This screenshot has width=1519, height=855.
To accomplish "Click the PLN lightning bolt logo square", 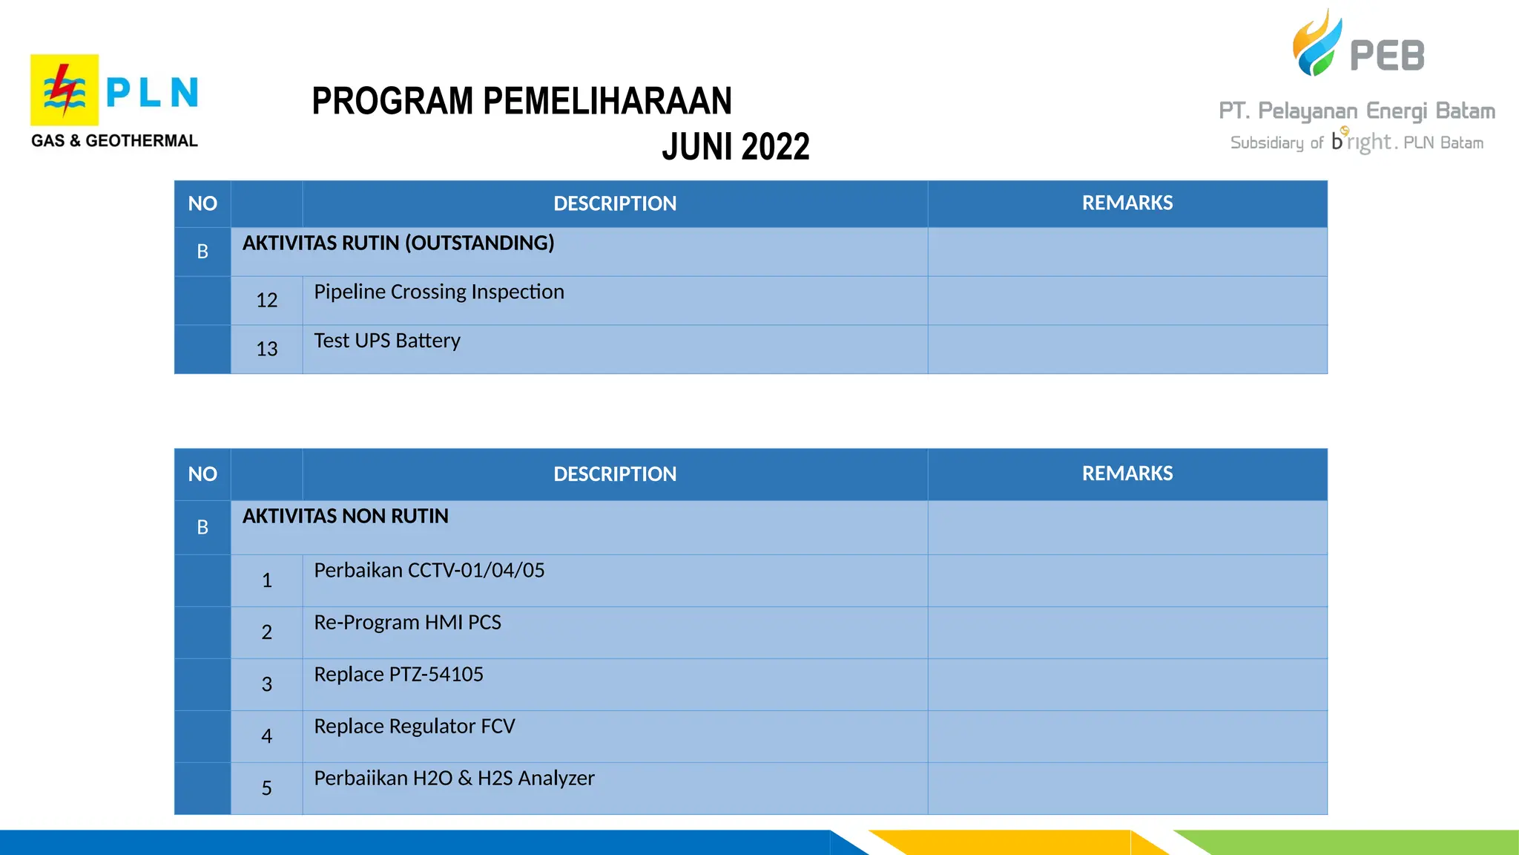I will (x=65, y=90).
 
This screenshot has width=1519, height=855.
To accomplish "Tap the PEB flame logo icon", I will (x=1317, y=45).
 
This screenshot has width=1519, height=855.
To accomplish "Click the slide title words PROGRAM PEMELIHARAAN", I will (x=521, y=102).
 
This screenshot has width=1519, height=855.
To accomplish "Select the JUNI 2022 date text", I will (x=735, y=147).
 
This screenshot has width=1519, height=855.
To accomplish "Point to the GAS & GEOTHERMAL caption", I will (x=114, y=141).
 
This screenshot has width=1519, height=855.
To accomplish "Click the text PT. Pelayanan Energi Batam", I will (x=1357, y=111).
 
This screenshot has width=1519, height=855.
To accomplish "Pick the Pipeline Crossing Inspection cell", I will (x=438, y=292).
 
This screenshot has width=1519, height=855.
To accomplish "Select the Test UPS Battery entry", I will (x=386, y=341).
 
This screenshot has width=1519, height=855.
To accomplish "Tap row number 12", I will (x=266, y=301).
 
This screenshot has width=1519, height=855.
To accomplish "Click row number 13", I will (x=266, y=349).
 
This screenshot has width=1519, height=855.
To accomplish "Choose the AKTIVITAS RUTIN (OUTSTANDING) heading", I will (x=398, y=243).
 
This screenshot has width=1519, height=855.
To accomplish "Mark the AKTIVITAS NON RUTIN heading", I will (x=345, y=517).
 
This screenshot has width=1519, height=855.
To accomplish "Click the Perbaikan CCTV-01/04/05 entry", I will (x=429, y=571).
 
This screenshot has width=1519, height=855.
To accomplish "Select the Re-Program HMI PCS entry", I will (x=407, y=623).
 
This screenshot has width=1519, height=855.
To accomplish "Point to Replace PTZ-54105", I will (x=398, y=675).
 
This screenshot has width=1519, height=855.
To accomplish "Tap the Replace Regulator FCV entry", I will (x=414, y=727).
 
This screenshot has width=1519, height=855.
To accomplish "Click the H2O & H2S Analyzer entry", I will (x=454, y=779).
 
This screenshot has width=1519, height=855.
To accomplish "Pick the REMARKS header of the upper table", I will (x=1127, y=203).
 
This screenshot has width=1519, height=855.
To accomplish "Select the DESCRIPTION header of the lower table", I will (x=615, y=474).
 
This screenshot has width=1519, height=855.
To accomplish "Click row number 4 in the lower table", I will (x=266, y=736).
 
